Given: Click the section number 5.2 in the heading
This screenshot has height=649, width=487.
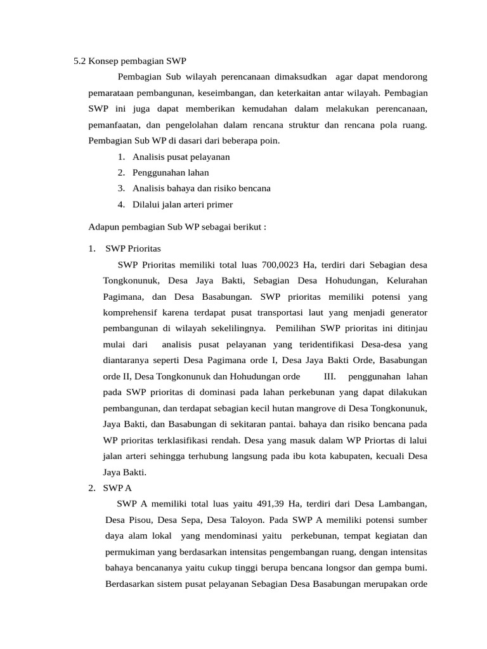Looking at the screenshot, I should (80, 62).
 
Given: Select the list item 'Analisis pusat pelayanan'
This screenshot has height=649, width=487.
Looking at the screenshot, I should (181, 157).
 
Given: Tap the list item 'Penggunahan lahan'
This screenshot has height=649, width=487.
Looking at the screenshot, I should (171, 172).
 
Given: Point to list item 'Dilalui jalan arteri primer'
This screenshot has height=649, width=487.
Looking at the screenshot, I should (183, 204).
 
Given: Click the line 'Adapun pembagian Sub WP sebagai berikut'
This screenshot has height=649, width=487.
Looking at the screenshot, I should (177, 226).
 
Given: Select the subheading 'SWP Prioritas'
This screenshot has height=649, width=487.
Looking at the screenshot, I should (133, 248).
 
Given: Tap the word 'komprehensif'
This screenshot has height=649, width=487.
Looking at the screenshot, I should (133, 312).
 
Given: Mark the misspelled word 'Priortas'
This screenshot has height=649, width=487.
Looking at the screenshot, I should (341, 440).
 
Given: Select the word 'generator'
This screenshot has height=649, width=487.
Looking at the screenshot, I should (408, 312).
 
